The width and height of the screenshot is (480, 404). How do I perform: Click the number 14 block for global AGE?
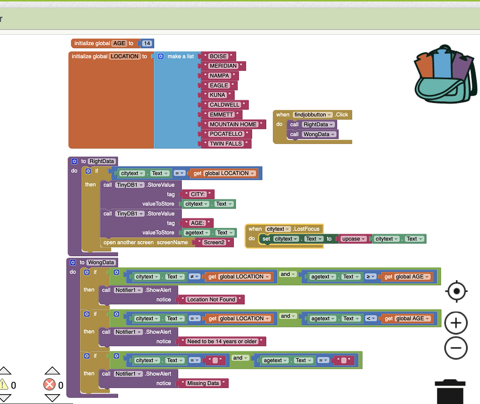click(x=147, y=43)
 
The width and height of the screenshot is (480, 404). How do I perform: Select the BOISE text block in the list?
click(x=218, y=56)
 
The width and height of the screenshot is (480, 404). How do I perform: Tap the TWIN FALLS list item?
click(x=225, y=144)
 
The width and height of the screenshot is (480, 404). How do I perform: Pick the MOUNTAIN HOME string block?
click(x=233, y=124)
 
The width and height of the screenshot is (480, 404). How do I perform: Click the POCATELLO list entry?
click(x=226, y=134)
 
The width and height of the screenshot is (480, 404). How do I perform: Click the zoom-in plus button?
click(x=456, y=323)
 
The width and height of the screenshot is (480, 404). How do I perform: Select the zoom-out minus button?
click(x=456, y=348)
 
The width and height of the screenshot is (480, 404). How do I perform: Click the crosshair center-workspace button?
click(x=456, y=292)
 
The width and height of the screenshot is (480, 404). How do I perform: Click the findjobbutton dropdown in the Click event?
click(x=313, y=114)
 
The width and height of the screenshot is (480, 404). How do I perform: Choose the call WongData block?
click(x=312, y=134)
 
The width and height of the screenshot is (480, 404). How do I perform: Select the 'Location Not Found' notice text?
click(x=211, y=299)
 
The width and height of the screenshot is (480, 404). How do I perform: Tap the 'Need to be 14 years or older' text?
click(x=222, y=341)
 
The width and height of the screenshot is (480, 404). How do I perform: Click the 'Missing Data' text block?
click(x=203, y=383)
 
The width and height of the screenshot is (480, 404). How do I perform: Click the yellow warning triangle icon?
click(x=4, y=385)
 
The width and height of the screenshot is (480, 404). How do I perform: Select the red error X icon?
click(x=49, y=385)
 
